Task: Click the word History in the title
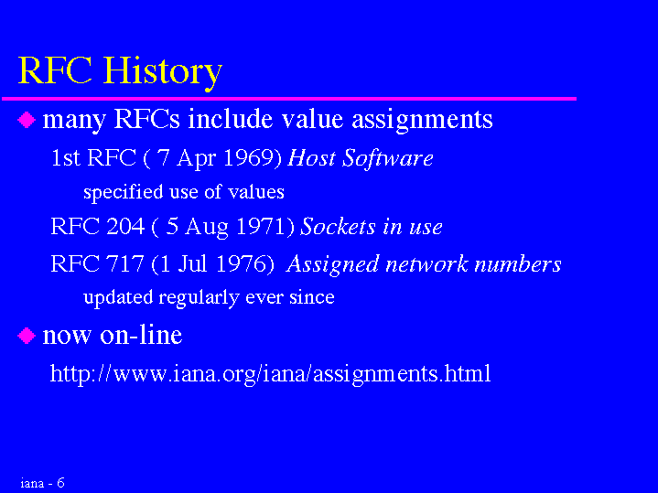coord(162,72)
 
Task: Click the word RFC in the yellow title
coord(55,70)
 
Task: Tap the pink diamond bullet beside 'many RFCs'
coord(27,120)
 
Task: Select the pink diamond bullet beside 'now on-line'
coord(27,336)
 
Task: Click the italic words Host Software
coord(360,158)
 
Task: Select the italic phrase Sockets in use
coord(371,227)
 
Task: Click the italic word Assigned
coord(332,265)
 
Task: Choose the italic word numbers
coord(518,264)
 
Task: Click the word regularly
coord(200,298)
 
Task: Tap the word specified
coord(124,193)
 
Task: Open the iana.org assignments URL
coord(270,373)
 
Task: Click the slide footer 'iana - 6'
coord(42,483)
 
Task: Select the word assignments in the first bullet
coord(422,121)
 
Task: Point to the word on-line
coord(141,335)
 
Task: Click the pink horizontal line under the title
coord(289,99)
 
